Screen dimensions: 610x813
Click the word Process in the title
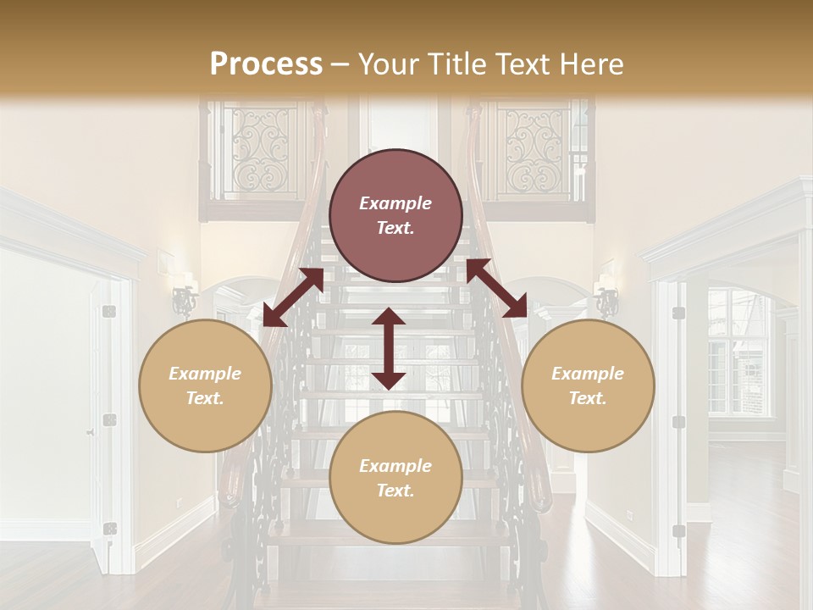266,64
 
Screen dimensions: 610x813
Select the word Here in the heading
589,64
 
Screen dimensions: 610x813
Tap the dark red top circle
395,215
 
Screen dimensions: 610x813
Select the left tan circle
205,385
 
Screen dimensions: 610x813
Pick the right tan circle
588,385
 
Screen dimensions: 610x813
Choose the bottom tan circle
395,478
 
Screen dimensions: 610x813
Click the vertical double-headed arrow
389,348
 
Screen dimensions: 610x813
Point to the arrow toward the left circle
293,297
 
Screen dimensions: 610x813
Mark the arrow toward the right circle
496,288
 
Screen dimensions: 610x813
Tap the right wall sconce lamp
606,298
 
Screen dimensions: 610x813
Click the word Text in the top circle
395,228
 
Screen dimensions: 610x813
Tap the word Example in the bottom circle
395,466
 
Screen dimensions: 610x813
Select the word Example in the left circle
205,374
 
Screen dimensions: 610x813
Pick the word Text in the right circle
588,398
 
